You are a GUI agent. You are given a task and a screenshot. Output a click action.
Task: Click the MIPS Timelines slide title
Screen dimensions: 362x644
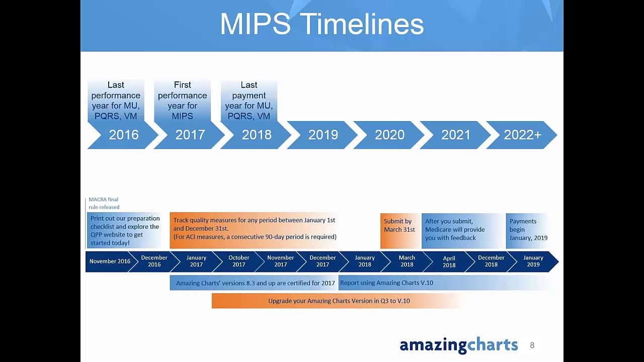321,24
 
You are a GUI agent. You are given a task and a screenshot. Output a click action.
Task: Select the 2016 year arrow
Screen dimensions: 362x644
123,135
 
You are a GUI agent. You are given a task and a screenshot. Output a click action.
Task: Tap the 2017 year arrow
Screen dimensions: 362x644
190,135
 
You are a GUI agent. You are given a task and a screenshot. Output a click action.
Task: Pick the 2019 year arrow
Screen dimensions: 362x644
323,135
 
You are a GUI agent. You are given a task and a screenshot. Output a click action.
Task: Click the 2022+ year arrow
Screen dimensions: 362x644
522,135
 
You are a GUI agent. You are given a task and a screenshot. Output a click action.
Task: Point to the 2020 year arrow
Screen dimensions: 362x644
389,135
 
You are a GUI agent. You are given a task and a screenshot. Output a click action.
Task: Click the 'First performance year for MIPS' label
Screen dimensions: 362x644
182,101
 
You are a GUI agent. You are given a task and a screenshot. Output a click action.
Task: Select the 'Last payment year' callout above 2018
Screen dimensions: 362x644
249,101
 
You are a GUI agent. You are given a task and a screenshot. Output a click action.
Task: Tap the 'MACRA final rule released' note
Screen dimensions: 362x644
104,203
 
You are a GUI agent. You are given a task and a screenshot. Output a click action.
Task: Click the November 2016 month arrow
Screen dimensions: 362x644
110,261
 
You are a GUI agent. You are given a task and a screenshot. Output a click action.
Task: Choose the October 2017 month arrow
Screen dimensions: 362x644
238,261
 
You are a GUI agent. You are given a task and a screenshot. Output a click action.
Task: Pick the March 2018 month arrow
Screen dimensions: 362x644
407,261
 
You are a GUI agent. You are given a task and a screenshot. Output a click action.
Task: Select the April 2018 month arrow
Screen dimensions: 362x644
449,261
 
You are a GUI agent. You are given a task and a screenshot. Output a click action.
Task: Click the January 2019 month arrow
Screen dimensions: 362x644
533,261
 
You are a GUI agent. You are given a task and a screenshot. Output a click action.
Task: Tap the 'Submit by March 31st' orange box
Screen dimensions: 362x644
399,230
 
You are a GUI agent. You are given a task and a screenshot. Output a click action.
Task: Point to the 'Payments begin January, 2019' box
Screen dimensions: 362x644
528,230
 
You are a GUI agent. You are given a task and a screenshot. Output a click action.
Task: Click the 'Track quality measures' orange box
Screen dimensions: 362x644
254,230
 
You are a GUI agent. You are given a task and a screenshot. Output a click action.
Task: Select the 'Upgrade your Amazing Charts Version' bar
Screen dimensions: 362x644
339,301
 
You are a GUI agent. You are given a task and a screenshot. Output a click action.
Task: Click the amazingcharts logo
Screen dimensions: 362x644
458,345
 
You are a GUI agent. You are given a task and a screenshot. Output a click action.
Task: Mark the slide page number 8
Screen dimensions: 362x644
532,345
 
